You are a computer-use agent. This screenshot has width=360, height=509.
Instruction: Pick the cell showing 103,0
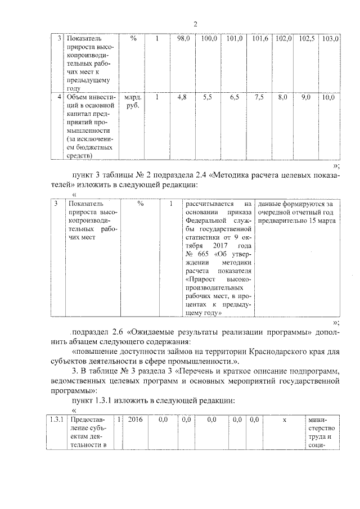(330, 39)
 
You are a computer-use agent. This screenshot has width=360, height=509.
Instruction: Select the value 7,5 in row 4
(259, 97)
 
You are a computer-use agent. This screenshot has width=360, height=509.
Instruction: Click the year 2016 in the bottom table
(136, 419)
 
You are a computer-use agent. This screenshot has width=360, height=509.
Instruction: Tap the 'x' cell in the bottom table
(284, 419)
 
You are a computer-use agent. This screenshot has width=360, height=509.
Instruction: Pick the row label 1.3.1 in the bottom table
(55, 419)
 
